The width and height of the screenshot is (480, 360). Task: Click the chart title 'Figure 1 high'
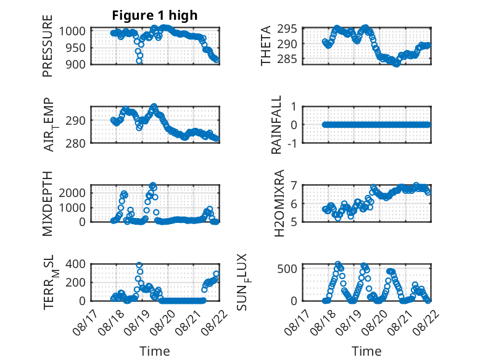[155, 15]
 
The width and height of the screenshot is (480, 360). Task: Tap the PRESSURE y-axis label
[48, 46]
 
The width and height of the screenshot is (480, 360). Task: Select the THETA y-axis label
[266, 46]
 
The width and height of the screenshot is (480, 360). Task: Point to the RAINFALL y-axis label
[276, 124]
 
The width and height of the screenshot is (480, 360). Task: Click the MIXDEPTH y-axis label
[48, 204]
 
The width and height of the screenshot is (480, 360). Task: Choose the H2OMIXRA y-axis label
[279, 203]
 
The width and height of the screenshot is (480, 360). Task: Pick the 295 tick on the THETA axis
[287, 29]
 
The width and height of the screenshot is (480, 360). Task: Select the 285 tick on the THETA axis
[287, 59]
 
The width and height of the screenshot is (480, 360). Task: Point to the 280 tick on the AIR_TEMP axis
[75, 143]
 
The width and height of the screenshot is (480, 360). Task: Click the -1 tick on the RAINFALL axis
[292, 143]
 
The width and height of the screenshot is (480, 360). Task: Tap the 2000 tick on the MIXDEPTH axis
[72, 193]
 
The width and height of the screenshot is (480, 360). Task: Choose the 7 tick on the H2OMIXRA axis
[294, 185]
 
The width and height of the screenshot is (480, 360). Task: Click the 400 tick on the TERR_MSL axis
[75, 264]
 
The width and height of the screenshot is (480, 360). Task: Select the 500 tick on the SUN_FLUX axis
[287, 269]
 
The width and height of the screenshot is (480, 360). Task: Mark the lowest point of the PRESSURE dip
[139, 61]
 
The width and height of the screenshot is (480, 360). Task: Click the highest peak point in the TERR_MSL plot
[139, 265]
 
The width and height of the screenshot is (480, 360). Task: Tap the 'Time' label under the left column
[155, 351]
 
